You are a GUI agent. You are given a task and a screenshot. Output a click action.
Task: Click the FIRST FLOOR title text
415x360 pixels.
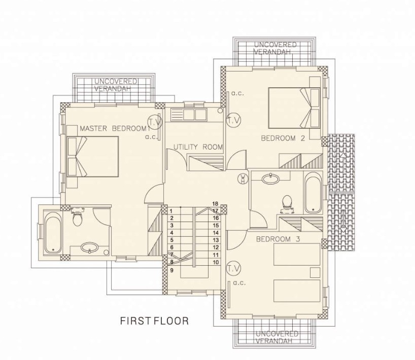[155, 321]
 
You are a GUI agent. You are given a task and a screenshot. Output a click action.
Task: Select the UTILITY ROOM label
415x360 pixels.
[198, 147]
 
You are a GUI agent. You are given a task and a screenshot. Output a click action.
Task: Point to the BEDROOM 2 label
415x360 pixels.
[283, 138]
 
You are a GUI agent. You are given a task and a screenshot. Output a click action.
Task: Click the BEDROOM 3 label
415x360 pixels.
[278, 239]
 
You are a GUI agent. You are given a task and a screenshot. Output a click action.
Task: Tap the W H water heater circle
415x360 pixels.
[243, 178]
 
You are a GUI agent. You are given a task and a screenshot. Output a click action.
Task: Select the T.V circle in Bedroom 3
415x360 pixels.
[234, 269]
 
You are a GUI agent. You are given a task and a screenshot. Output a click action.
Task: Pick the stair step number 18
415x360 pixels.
[215, 204]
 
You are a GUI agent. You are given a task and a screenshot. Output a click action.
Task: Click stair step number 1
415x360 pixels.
[171, 211]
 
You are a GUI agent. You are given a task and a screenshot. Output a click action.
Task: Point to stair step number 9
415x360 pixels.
[172, 270]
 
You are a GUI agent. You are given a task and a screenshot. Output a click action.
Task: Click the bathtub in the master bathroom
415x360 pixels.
[53, 232]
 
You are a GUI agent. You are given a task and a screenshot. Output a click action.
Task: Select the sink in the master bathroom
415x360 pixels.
[90, 248]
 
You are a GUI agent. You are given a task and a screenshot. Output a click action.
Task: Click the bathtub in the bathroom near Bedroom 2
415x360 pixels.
[313, 193]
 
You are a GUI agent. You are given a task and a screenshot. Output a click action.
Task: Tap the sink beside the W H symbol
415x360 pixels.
[270, 179]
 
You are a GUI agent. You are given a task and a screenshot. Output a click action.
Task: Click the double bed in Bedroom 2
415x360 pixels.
[294, 108]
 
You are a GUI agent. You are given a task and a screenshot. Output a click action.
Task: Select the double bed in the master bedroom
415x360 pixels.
[93, 157]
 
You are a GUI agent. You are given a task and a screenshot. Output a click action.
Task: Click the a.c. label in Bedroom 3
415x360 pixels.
[239, 283]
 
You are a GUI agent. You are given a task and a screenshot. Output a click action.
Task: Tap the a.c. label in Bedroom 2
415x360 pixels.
[237, 93]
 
